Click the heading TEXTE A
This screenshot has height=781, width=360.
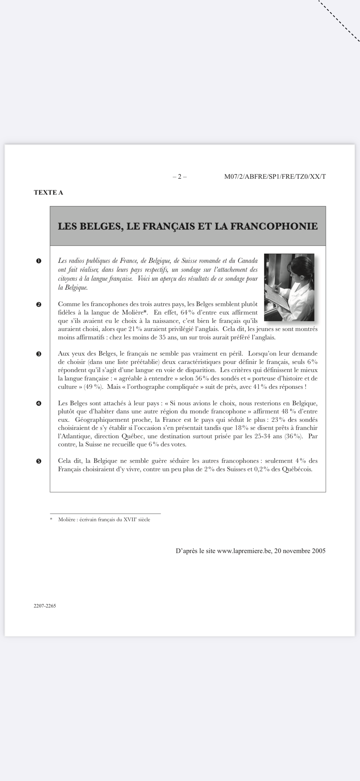pyautogui.click(x=49, y=192)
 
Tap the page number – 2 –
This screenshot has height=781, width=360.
pyautogui.click(x=180, y=177)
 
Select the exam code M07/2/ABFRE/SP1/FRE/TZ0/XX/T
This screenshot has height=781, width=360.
pyautogui.click(x=275, y=177)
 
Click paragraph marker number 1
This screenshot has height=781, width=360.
pyautogui.click(x=39, y=261)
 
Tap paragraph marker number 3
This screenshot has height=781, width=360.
pyautogui.click(x=39, y=354)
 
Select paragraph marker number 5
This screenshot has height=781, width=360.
pyautogui.click(x=39, y=461)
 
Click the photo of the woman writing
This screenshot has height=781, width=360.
pyautogui.click(x=289, y=287)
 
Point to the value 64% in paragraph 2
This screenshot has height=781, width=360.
pyautogui.click(x=187, y=313)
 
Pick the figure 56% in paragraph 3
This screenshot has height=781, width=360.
pyautogui.click(x=202, y=379)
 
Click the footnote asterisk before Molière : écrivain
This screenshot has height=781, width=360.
pyautogui.click(x=51, y=520)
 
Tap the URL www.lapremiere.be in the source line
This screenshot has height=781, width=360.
pyautogui.click(x=244, y=551)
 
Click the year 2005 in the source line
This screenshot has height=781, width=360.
pyautogui.click(x=318, y=551)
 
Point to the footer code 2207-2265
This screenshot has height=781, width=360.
pyautogui.click(x=45, y=606)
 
